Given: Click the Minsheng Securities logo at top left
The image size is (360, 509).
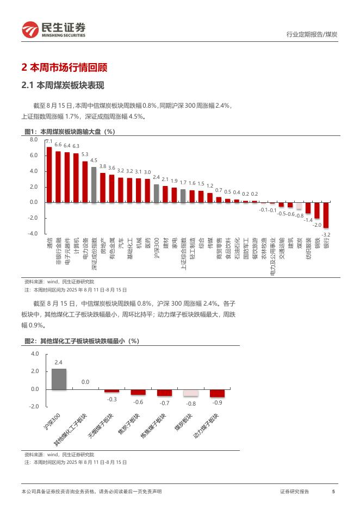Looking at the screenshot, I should coord(53,29).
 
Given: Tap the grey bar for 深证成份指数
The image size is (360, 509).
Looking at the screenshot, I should coord(94,184).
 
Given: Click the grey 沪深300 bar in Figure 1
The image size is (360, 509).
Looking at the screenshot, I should coord(156,193).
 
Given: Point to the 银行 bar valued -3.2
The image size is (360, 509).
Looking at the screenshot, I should coord(326,215).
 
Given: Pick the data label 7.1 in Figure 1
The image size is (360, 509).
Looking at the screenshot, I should coord(49,141).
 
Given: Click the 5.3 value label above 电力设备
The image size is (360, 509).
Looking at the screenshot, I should coord(85,154).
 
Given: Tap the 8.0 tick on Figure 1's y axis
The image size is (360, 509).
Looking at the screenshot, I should coord(34,140).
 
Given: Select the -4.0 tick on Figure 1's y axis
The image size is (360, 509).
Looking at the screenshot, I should coord(33,234).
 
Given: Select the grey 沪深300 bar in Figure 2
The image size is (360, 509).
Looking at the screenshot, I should coord(59,379).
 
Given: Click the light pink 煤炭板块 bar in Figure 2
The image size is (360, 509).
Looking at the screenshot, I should coord(191,393).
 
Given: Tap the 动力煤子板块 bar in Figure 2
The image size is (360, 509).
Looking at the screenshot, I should coord(218,393).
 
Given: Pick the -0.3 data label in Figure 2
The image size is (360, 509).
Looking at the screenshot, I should coord(112,399).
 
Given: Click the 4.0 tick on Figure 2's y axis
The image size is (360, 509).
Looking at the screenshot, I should coord(35,354).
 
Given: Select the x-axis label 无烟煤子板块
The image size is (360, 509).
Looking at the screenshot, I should coord(102,426).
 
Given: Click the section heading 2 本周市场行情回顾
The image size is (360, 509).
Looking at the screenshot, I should coord(64,68).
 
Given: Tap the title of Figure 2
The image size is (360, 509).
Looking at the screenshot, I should coord(82,341).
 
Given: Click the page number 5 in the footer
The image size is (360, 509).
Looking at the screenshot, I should coord(333,492).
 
